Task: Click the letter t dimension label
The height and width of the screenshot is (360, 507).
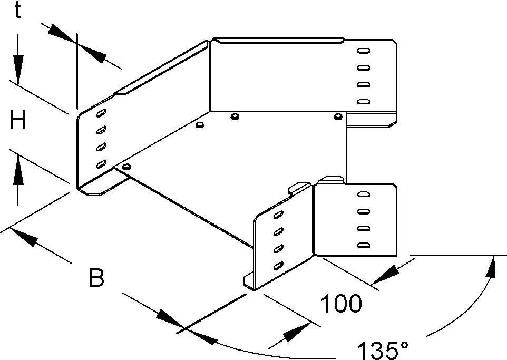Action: [17, 11]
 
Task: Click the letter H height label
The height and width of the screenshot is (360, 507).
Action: [18, 122]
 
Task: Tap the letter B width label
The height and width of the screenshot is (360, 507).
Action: [96, 278]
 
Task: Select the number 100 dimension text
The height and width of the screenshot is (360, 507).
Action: [342, 304]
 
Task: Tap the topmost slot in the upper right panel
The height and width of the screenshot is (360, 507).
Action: [363, 51]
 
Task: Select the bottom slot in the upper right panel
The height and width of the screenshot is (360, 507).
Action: [363, 101]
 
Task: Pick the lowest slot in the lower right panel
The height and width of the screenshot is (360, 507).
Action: [363, 245]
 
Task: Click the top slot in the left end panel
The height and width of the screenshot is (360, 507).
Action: [101, 113]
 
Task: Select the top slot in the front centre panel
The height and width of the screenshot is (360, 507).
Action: [278, 215]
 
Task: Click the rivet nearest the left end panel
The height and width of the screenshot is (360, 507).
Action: [125, 167]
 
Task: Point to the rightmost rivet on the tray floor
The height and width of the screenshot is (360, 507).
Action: [337, 116]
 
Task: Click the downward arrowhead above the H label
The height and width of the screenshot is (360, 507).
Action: [18, 69]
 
